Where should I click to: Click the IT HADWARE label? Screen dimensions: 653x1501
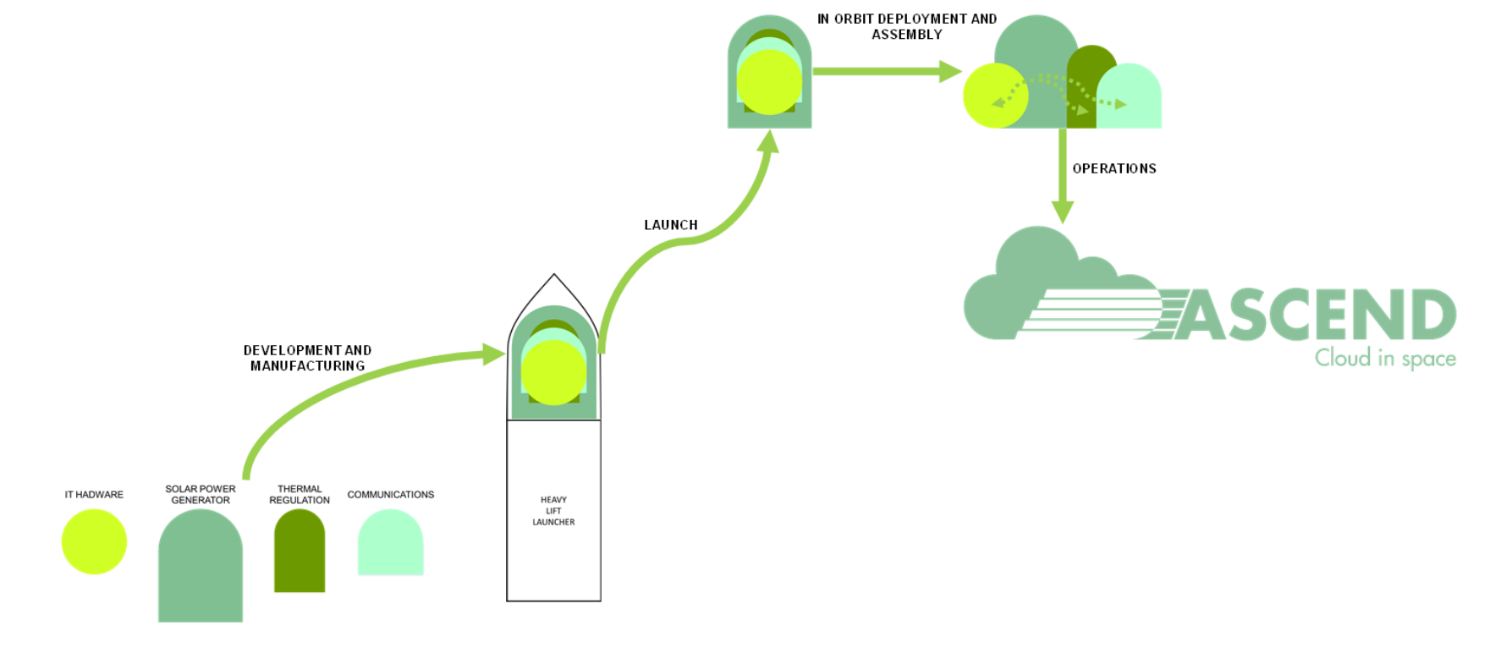[x=94, y=495]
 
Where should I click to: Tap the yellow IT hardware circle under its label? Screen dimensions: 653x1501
[x=94, y=542]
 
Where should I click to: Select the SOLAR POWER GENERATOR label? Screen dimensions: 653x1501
[x=201, y=495]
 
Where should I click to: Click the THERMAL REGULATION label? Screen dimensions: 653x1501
[x=300, y=495]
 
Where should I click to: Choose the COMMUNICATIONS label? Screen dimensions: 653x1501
[x=390, y=495]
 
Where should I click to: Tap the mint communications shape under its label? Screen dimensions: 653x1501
[x=390, y=545]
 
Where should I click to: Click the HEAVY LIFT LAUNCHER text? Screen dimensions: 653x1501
[x=553, y=511]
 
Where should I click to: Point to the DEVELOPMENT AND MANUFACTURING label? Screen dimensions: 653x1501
[x=307, y=358]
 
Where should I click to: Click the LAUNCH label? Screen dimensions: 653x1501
[x=671, y=225]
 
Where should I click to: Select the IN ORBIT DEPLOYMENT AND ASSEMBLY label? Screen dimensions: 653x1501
[x=907, y=26]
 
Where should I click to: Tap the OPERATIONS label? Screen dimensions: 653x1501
[x=1114, y=169]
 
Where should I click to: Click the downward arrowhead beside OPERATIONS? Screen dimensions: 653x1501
[x=1063, y=211]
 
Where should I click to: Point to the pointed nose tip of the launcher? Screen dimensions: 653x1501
[x=554, y=276]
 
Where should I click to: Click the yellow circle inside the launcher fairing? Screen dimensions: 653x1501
[x=553, y=372]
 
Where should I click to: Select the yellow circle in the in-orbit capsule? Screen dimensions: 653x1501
[x=769, y=82]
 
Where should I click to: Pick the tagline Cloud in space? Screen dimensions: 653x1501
[x=1385, y=359]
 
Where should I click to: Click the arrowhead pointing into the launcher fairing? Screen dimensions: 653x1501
[x=494, y=354]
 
